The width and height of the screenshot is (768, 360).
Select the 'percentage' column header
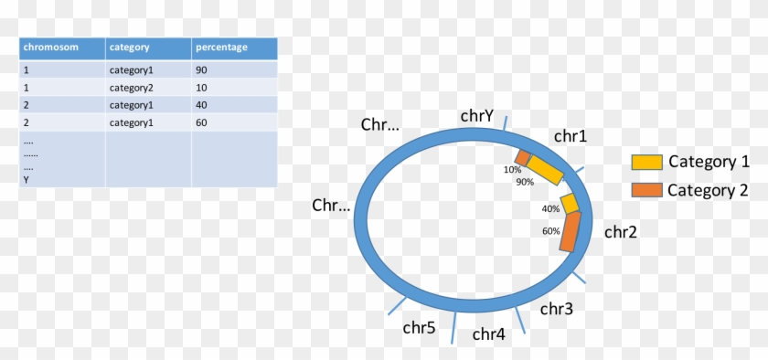220,48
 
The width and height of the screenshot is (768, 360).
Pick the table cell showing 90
201,69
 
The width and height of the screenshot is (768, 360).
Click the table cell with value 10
201,88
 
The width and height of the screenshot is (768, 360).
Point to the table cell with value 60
201,122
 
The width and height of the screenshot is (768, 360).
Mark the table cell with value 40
201,105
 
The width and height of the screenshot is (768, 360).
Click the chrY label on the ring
477,115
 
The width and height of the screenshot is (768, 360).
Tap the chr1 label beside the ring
571,136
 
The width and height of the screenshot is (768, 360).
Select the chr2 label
620,232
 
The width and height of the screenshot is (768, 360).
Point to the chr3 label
556,309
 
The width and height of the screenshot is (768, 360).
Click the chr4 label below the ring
489,334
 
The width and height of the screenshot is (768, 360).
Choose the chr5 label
419,326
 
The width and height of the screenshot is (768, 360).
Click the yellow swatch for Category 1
647,162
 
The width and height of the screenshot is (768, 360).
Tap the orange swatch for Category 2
647,189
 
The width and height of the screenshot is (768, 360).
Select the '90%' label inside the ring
525,182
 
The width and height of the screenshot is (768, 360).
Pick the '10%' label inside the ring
512,169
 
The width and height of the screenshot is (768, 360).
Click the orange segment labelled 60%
570,232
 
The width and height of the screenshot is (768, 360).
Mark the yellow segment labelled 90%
546,170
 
